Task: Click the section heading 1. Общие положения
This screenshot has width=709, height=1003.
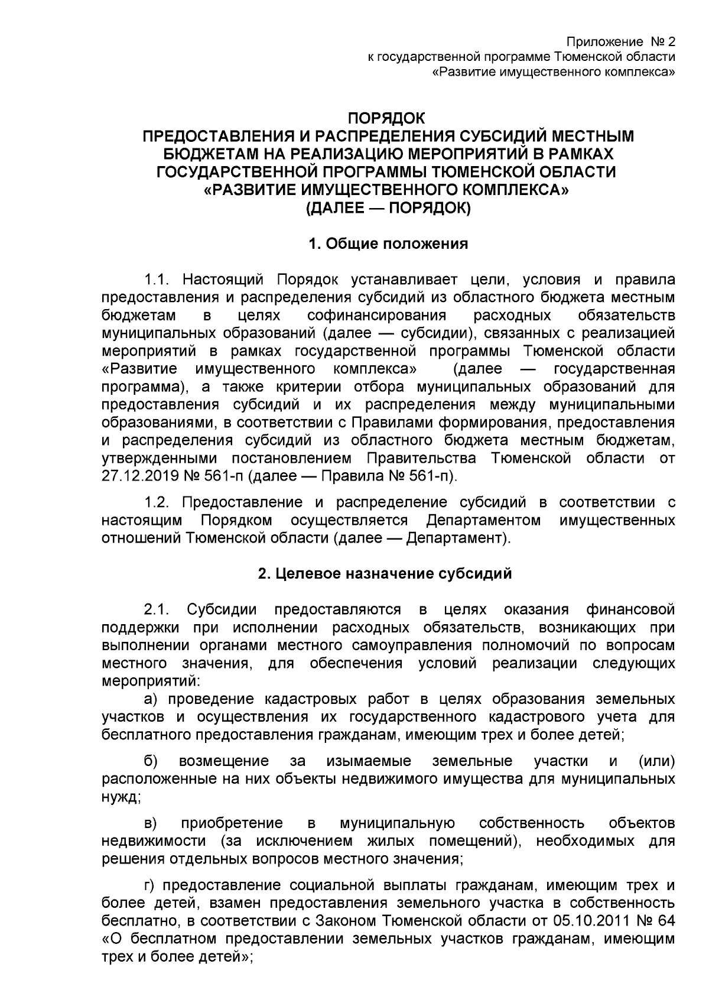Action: click(x=388, y=244)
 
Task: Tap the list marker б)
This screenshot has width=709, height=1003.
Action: click(x=151, y=761)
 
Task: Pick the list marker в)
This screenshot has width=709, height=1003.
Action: click(x=151, y=823)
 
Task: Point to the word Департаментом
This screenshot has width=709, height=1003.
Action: click(x=483, y=521)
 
